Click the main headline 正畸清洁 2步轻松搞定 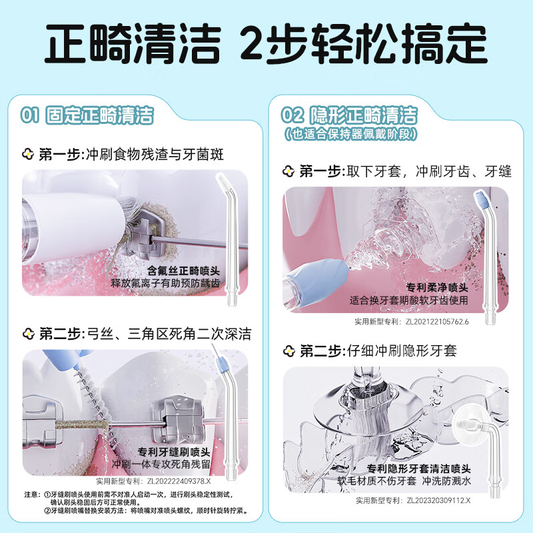tap(266, 45)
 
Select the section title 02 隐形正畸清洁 tap(350, 114)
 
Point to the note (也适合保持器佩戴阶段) tap(350, 134)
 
